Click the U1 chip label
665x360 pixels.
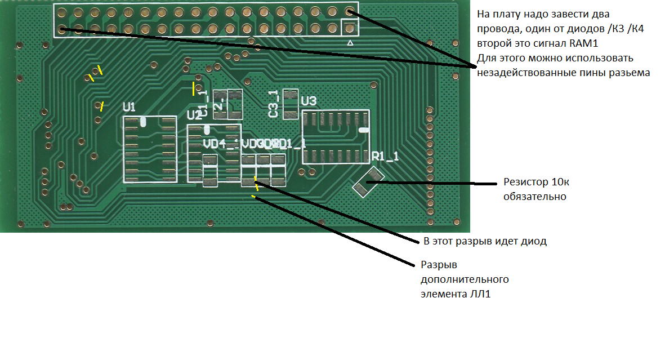click(130, 106)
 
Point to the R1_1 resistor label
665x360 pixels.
click(385, 157)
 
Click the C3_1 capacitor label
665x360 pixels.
click(274, 104)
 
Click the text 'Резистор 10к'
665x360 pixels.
click(532, 183)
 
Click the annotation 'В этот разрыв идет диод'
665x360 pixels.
click(485, 242)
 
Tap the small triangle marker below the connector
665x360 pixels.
click(350, 43)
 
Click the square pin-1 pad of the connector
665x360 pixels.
click(350, 28)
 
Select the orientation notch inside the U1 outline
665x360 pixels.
click(143, 121)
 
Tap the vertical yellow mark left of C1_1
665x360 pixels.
click(194, 88)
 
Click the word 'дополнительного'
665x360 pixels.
click(465, 279)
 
